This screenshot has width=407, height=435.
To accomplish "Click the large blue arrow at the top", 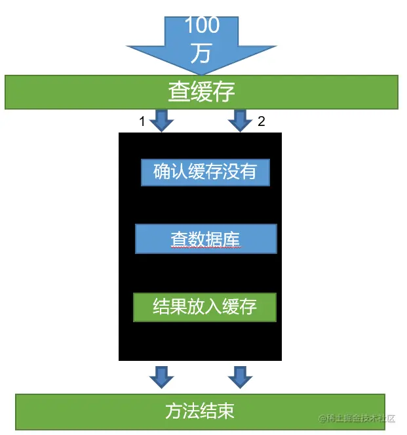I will coord(201,43).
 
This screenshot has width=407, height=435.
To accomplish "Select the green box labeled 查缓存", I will coord(201,92).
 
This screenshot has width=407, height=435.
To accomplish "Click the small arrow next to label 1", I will coord(161,121).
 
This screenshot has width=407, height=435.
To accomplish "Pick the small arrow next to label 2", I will coord(240,121).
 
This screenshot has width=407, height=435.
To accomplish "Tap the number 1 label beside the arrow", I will coord(142,121).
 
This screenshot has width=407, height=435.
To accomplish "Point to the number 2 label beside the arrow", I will coord(262,121).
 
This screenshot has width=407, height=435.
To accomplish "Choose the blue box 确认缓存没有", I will coord(205,172).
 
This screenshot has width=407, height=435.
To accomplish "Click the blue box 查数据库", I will coord(206,239).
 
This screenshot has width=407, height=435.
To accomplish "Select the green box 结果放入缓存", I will coord(204,307).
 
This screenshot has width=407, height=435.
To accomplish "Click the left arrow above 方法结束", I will coord(161,377).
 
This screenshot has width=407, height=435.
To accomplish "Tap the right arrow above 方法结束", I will coord(240,377).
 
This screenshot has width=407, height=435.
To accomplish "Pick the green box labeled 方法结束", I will coord(200,411).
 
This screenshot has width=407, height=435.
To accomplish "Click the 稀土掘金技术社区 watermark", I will coord(357,419).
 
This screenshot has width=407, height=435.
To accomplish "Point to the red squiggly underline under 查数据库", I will coord(206,249).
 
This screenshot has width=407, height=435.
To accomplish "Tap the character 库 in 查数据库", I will coord(232,239).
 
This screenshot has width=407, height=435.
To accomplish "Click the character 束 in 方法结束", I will coord(225,411).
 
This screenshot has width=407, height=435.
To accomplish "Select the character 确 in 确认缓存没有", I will coord(162,172).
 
